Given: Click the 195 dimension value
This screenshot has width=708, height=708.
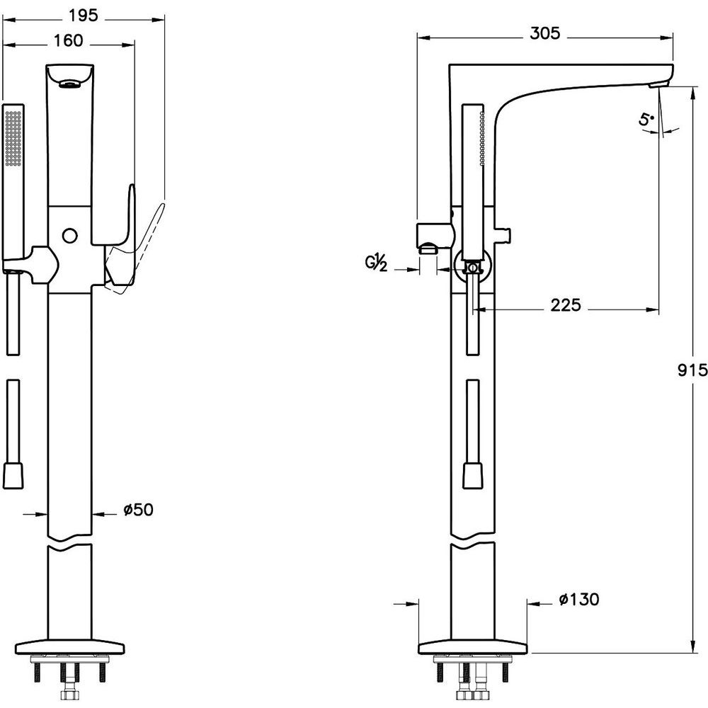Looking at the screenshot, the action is [x=83, y=16].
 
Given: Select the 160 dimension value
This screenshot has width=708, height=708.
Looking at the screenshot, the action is [x=69, y=40].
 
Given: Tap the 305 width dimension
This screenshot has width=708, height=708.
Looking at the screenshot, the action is [x=544, y=33].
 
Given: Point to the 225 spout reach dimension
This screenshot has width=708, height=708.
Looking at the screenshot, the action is [x=565, y=305].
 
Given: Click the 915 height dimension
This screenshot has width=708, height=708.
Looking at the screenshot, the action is [x=692, y=370].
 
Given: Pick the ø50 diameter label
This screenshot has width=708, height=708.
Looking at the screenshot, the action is [x=138, y=509].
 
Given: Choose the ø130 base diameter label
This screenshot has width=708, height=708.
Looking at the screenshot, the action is [x=579, y=599].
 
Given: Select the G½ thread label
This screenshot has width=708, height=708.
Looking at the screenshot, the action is [x=376, y=263].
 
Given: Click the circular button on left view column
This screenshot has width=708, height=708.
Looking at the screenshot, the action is [x=69, y=235].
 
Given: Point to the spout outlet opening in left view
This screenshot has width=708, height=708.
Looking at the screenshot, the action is [x=69, y=84].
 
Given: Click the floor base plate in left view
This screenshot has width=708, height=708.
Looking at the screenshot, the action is [x=69, y=647].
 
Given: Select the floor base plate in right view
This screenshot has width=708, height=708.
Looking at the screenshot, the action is [x=473, y=647].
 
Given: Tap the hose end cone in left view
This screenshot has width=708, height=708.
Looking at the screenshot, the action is [x=13, y=474].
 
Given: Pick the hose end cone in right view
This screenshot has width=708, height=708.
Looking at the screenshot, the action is [x=473, y=474].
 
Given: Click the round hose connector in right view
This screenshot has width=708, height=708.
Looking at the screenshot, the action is [x=472, y=268].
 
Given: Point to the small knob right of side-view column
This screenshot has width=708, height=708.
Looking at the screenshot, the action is [x=503, y=234].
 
